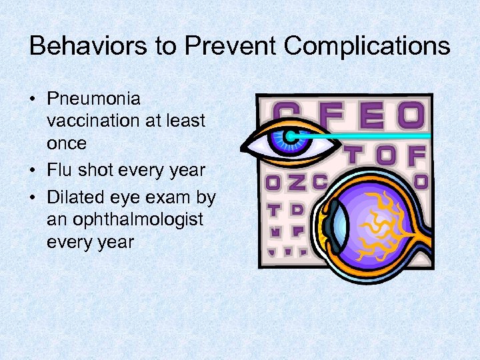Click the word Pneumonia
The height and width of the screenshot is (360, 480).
(93, 99)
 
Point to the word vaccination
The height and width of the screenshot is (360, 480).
(89, 121)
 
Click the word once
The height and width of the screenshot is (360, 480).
(67, 143)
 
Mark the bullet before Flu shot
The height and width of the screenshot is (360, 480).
(32, 171)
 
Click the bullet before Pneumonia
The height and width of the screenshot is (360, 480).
(32, 100)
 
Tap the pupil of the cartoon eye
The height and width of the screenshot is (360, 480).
(289, 137)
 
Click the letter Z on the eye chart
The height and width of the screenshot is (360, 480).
(296, 181)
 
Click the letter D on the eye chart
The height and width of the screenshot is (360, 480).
(297, 209)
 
